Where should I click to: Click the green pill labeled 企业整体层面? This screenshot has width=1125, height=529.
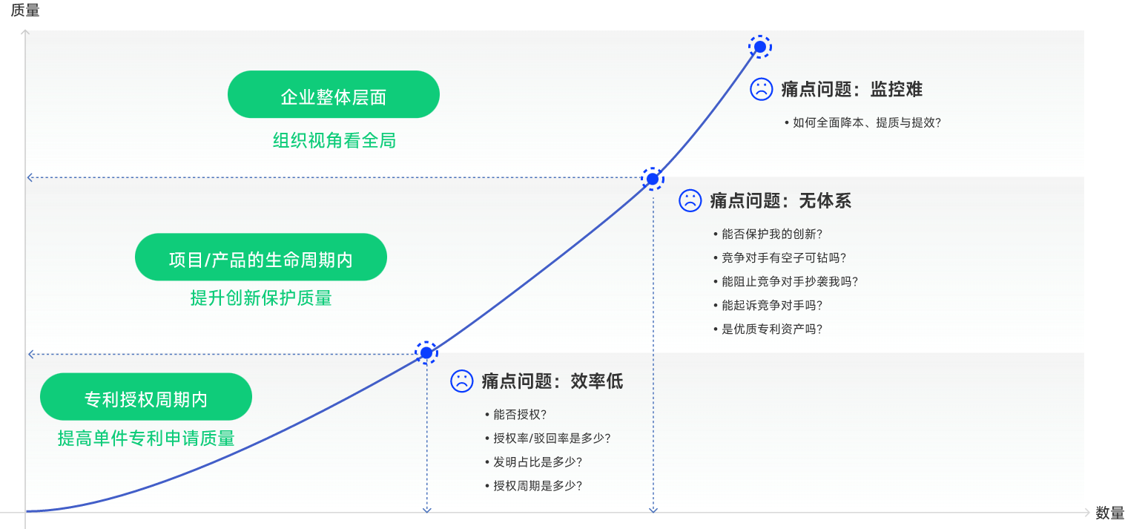[333, 94]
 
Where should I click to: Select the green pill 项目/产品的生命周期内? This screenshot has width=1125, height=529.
[260, 257]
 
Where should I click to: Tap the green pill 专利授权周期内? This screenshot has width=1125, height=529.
[145, 397]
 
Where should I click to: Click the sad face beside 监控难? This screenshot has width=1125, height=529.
[761, 89]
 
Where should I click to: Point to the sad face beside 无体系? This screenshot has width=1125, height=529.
[690, 200]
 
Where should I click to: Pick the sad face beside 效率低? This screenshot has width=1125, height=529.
[461, 381]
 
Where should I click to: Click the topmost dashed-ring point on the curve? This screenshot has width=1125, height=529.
[759, 47]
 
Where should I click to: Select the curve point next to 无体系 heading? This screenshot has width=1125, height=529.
[652, 179]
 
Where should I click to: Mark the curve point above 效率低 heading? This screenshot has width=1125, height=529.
[426, 352]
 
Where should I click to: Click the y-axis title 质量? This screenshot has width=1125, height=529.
[25, 10]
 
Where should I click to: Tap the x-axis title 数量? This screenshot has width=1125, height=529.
[1109, 513]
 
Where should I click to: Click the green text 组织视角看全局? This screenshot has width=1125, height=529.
[334, 140]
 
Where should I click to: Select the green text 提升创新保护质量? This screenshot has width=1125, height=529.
[261, 298]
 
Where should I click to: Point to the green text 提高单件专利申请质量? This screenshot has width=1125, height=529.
[146, 438]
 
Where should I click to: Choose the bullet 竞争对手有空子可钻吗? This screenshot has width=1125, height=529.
[783, 258]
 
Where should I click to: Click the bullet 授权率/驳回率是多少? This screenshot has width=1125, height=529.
[552, 438]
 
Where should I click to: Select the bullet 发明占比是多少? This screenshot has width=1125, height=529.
[537, 462]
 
